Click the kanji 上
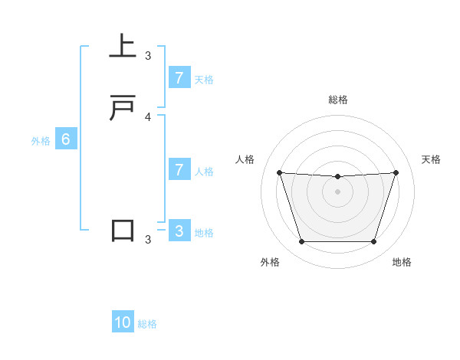click(x=123, y=47)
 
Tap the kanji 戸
click(x=123, y=108)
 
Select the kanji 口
click(x=123, y=231)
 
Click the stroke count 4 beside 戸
click(x=148, y=116)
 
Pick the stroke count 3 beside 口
click(x=148, y=240)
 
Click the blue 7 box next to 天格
click(x=179, y=77)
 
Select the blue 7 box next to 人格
click(x=179, y=169)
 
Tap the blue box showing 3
click(x=179, y=231)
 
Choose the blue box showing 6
click(x=66, y=139)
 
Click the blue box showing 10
click(x=123, y=322)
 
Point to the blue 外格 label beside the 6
click(x=41, y=141)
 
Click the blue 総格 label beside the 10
click(x=147, y=324)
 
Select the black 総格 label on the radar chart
click(x=338, y=100)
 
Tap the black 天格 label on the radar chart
click(x=432, y=159)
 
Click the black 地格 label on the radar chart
click(x=402, y=262)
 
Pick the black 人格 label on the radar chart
click(x=245, y=159)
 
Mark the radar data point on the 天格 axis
click(x=396, y=172)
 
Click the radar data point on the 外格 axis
click(x=301, y=242)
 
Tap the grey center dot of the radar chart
click(x=338, y=191)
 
